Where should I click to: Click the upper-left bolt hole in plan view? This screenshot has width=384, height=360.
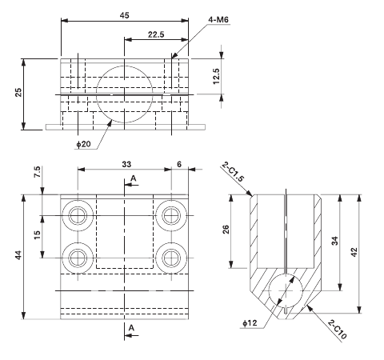coord(78,214)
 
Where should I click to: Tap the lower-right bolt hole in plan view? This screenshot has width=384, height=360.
coord(170,258)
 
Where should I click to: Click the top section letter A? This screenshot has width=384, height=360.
coord(133,177)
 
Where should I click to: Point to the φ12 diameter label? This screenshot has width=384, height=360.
coord(250,323)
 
